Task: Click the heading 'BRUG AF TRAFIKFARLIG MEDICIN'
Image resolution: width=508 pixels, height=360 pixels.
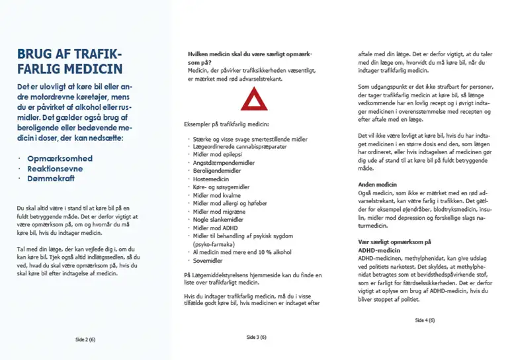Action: click(x=69, y=61)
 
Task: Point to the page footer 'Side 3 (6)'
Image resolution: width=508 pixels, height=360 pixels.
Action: click(x=256, y=337)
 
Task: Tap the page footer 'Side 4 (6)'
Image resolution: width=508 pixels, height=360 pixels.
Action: click(x=425, y=320)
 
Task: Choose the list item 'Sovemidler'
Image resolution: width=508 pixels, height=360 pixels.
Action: click(x=208, y=260)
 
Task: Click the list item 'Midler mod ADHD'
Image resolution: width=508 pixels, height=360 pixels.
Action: click(x=215, y=227)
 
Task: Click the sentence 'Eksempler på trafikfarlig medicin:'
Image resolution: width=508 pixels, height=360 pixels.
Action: click(x=227, y=124)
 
